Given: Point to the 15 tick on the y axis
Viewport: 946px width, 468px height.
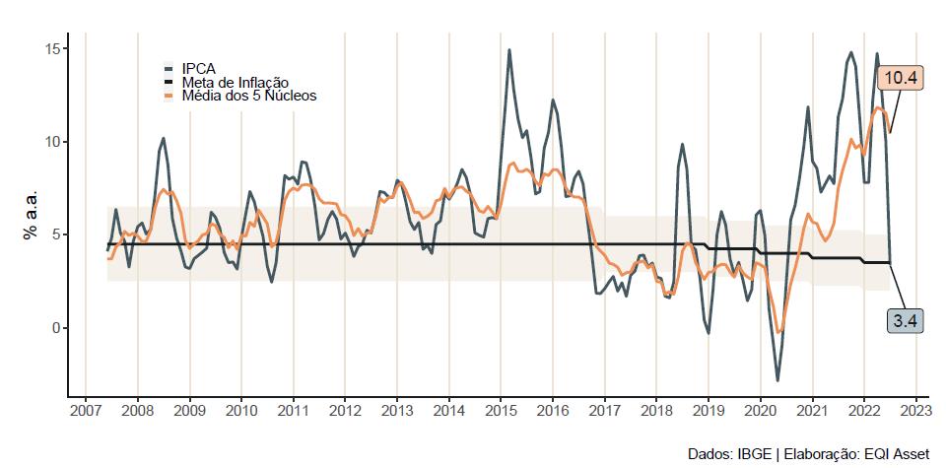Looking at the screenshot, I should click(x=56, y=49).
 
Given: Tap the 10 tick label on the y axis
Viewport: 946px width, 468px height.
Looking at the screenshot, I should click(x=56, y=142).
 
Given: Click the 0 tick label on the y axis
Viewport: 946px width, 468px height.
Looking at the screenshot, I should click(x=60, y=328).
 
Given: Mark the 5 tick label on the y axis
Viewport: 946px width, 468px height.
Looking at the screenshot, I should click(x=60, y=234).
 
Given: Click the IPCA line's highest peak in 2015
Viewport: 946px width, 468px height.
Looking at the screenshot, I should click(x=508, y=50).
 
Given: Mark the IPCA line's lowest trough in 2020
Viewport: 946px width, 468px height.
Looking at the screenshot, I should click(x=777, y=380).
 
